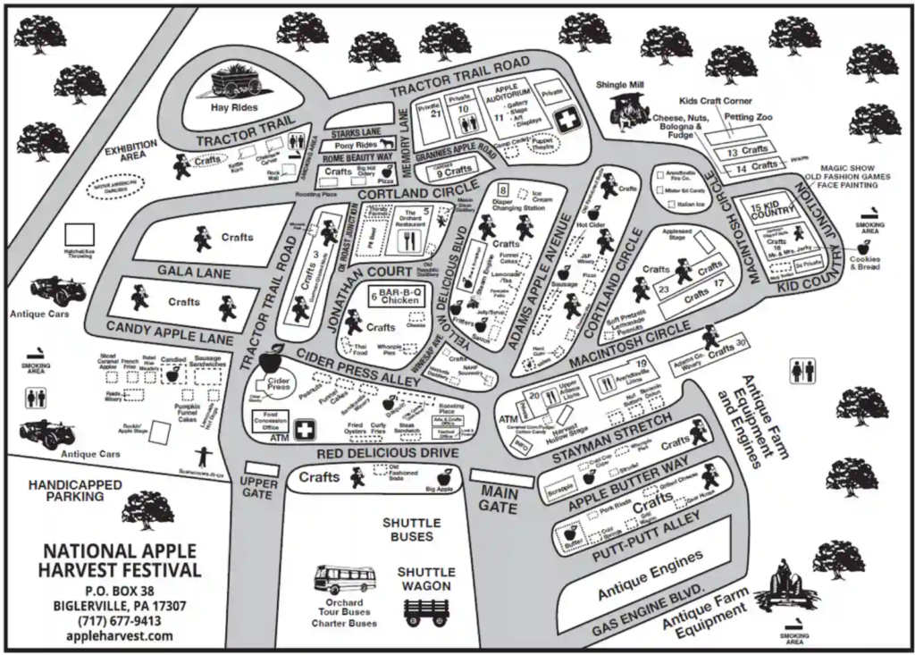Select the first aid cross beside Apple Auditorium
click(x=567, y=118)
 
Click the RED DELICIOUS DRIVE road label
click(x=387, y=455)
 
